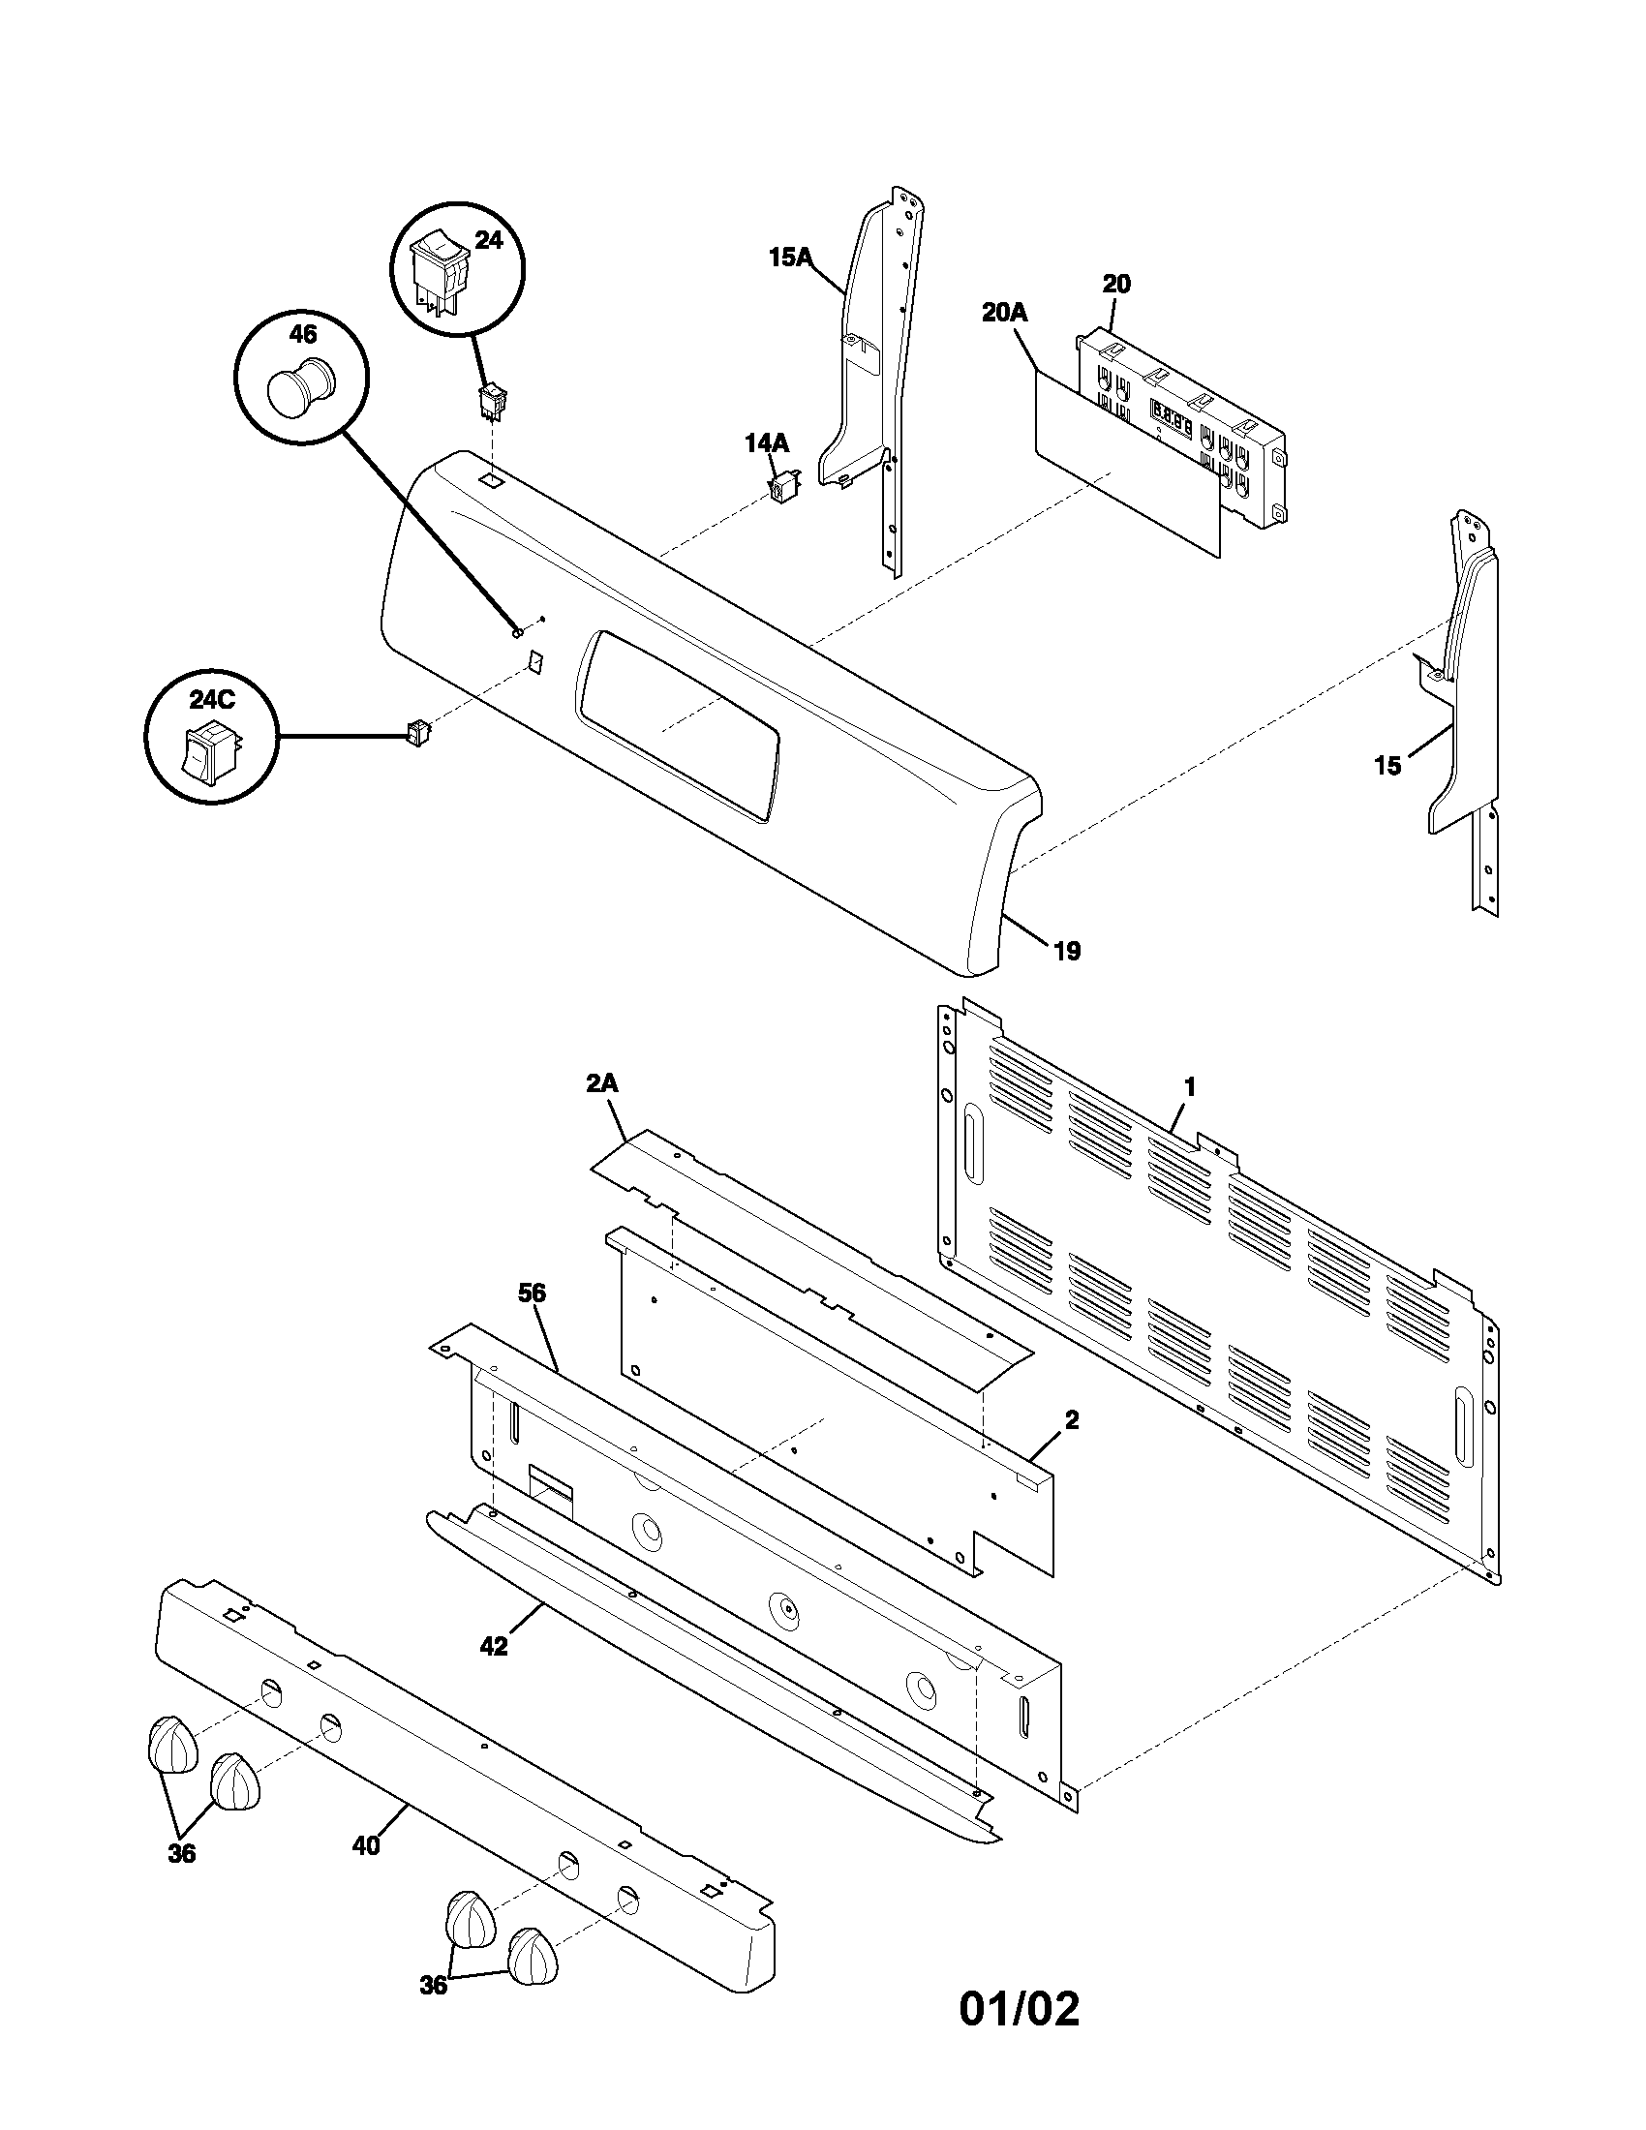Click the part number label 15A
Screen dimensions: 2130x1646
pyautogui.click(x=789, y=258)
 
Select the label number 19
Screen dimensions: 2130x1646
pyautogui.click(x=1068, y=951)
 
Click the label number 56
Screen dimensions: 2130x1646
pyautogui.click(x=532, y=1293)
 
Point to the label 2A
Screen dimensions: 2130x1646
pyautogui.click(x=602, y=1083)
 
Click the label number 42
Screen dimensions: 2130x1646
pyautogui.click(x=494, y=1646)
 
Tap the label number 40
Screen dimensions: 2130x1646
pyautogui.click(x=365, y=1845)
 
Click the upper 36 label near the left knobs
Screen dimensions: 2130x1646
pyautogui.click(x=181, y=1854)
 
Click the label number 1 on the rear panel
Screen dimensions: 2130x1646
pyautogui.click(x=1190, y=1086)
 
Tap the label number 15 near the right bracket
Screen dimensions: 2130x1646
pyautogui.click(x=1387, y=766)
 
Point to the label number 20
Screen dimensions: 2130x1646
pyautogui.click(x=1116, y=284)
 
